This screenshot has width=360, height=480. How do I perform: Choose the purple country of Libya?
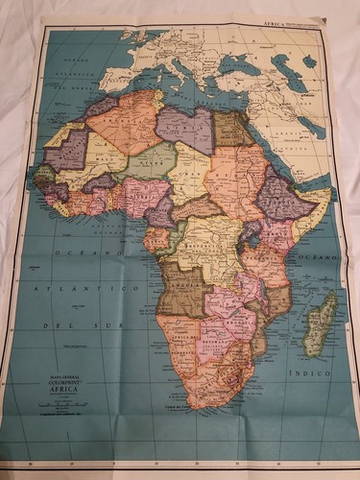coord(183,130)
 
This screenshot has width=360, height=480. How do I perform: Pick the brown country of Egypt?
coord(234,129)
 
